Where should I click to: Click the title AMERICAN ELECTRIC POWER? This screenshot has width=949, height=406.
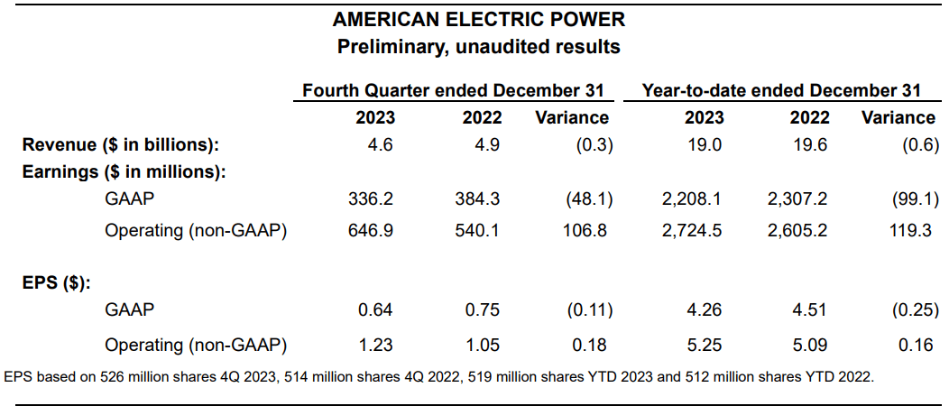pyautogui.click(x=478, y=20)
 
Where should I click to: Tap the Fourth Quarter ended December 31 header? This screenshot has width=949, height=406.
pyautogui.click(x=453, y=90)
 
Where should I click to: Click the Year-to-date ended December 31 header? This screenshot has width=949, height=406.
pyautogui.click(x=781, y=90)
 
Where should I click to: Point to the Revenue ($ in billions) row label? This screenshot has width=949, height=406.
pyautogui.click(x=121, y=144)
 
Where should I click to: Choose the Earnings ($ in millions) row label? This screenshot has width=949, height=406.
pyautogui.click(x=124, y=171)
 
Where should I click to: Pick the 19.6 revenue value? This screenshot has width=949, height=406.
pyautogui.click(x=809, y=144)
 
